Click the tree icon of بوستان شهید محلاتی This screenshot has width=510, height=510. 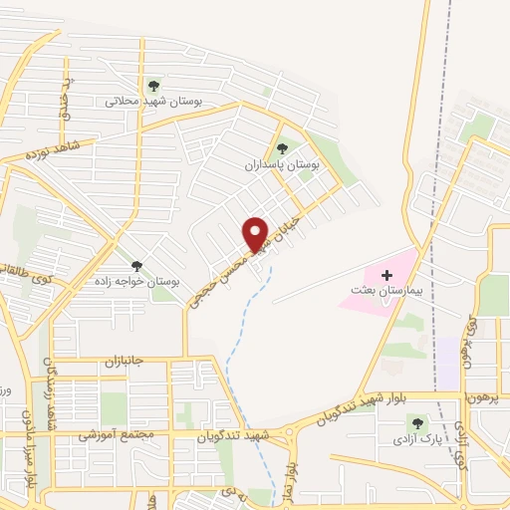pos(153,86)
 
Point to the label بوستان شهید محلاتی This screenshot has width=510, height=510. pos(153,102)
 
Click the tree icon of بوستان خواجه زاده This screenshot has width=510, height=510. pos(136,266)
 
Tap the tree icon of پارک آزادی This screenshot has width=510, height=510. pos(416,423)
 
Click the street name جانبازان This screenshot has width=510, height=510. pos(126,363)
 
